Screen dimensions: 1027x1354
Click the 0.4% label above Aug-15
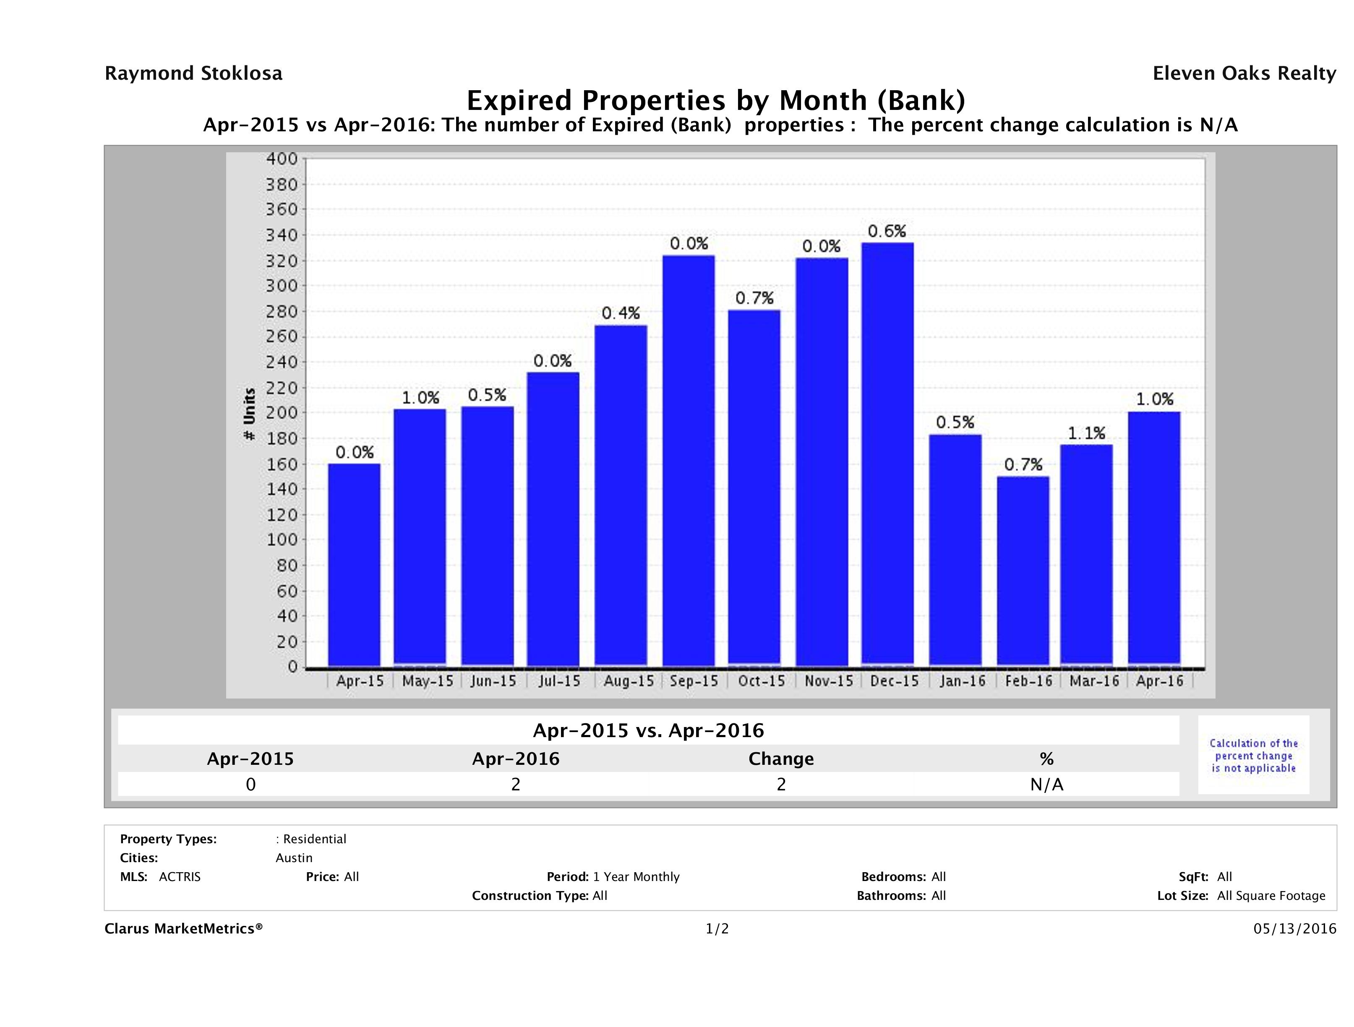pyautogui.click(x=620, y=313)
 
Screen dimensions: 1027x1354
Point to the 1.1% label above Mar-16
pyautogui.click(x=1086, y=433)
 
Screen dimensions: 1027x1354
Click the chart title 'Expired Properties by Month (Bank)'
pyautogui.click(x=715, y=100)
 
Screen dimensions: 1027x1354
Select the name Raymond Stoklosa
pyautogui.click(x=193, y=73)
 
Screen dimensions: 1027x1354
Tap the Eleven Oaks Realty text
pyautogui.click(x=1244, y=73)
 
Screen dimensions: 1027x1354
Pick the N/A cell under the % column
pyautogui.click(x=1046, y=785)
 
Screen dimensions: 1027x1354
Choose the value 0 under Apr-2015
pyautogui.click(x=250, y=785)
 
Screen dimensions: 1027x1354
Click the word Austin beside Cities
pyautogui.click(x=294, y=858)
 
